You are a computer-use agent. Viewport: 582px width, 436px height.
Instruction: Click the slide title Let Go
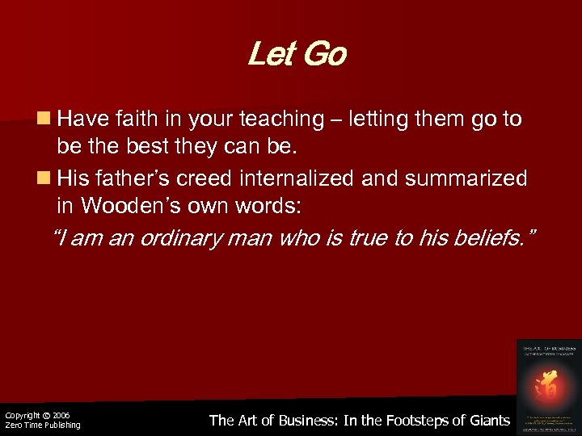pos(297,56)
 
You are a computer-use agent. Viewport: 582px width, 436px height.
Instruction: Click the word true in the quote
pos(355,239)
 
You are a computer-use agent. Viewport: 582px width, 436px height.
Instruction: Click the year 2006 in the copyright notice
pos(60,415)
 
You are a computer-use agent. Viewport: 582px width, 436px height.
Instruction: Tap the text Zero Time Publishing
pos(42,425)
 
